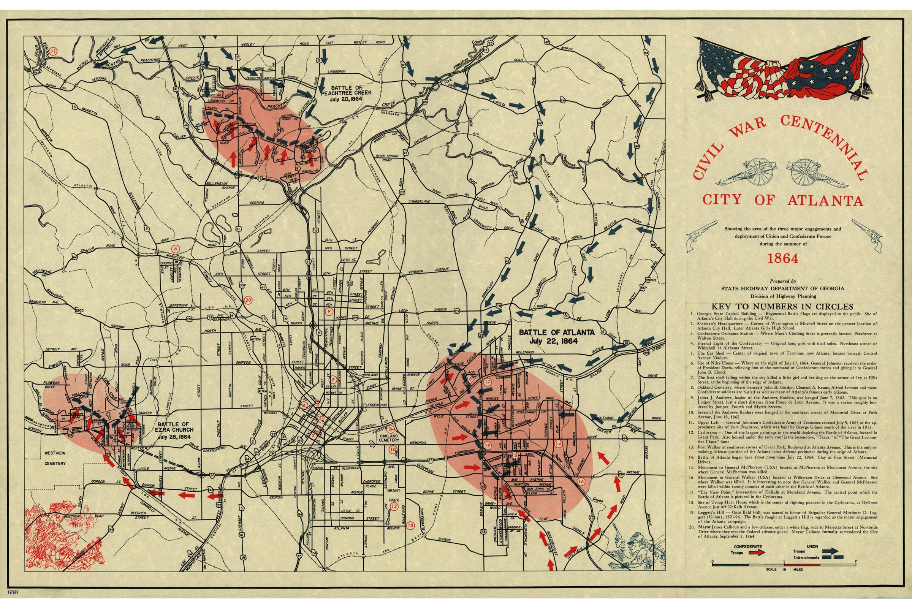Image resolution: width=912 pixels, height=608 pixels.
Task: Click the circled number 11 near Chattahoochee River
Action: coord(54,51)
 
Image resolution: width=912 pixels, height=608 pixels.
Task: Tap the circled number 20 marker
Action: coord(248,300)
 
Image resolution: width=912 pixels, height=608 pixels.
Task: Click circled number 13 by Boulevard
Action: coord(410,526)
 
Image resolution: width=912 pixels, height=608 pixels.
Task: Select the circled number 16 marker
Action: coord(581,481)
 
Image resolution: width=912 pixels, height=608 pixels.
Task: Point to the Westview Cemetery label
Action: coord(55,458)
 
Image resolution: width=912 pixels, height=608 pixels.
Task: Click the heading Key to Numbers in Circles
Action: coord(782,306)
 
